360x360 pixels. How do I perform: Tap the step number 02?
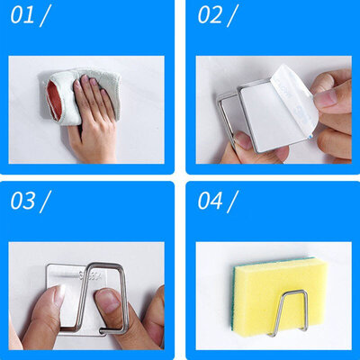210,16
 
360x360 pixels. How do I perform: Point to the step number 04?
210,200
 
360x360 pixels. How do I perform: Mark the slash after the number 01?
47,16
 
